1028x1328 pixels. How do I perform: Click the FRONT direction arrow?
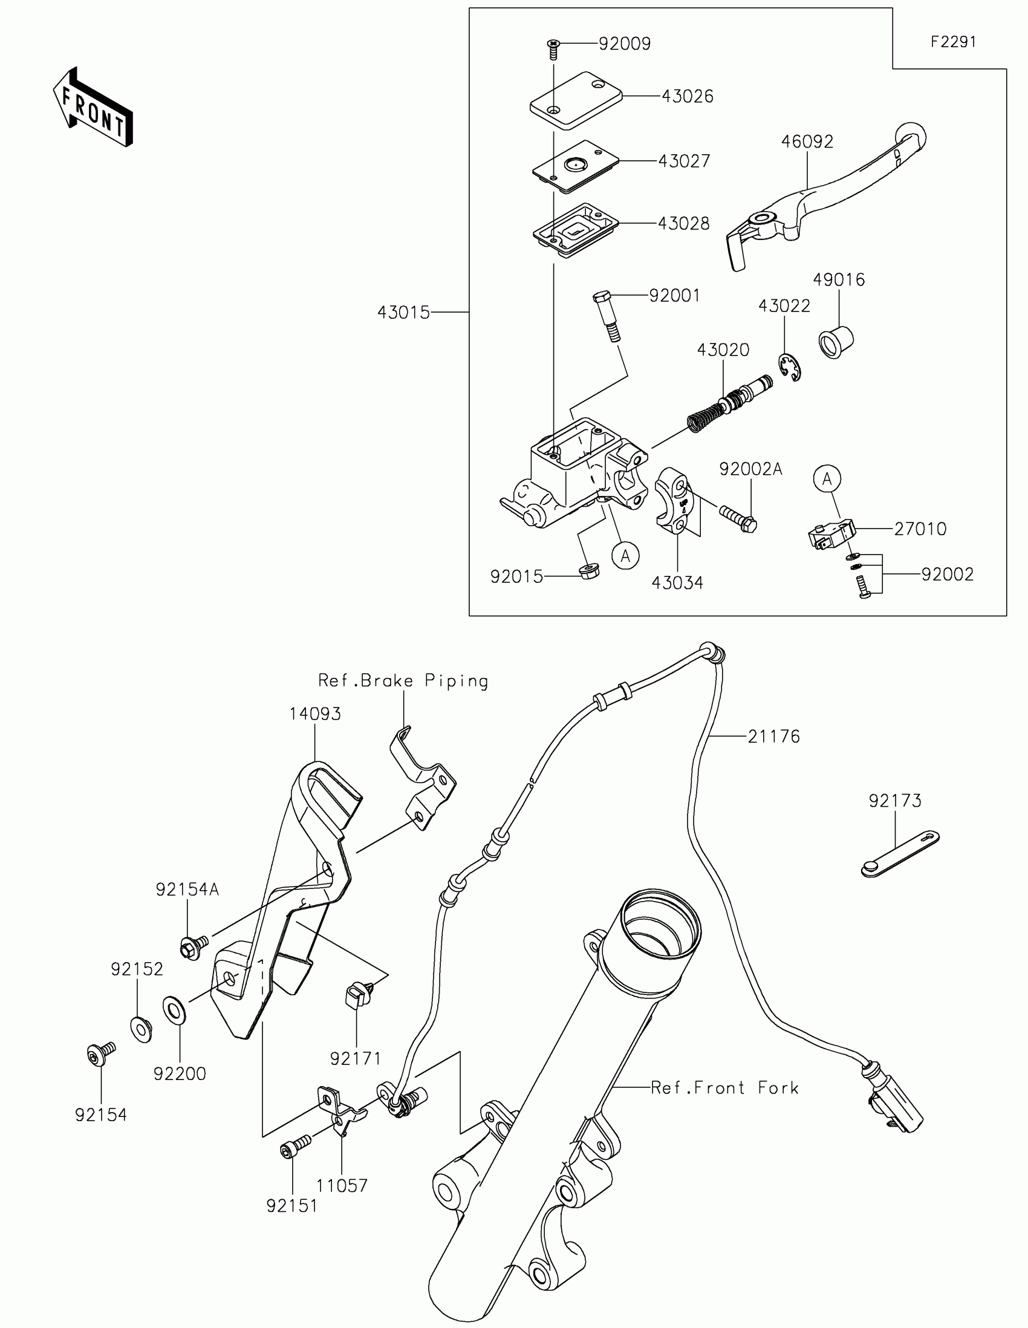93,108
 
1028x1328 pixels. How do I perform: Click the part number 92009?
624,44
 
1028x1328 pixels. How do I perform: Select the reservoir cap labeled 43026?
575,100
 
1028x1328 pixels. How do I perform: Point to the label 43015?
403,313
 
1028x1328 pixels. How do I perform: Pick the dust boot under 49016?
834,342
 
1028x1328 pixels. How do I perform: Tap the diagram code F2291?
953,42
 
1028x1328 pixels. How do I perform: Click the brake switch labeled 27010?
830,533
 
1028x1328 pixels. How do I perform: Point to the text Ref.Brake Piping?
403,680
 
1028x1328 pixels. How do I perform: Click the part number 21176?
773,737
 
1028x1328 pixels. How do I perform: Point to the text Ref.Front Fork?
724,1087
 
